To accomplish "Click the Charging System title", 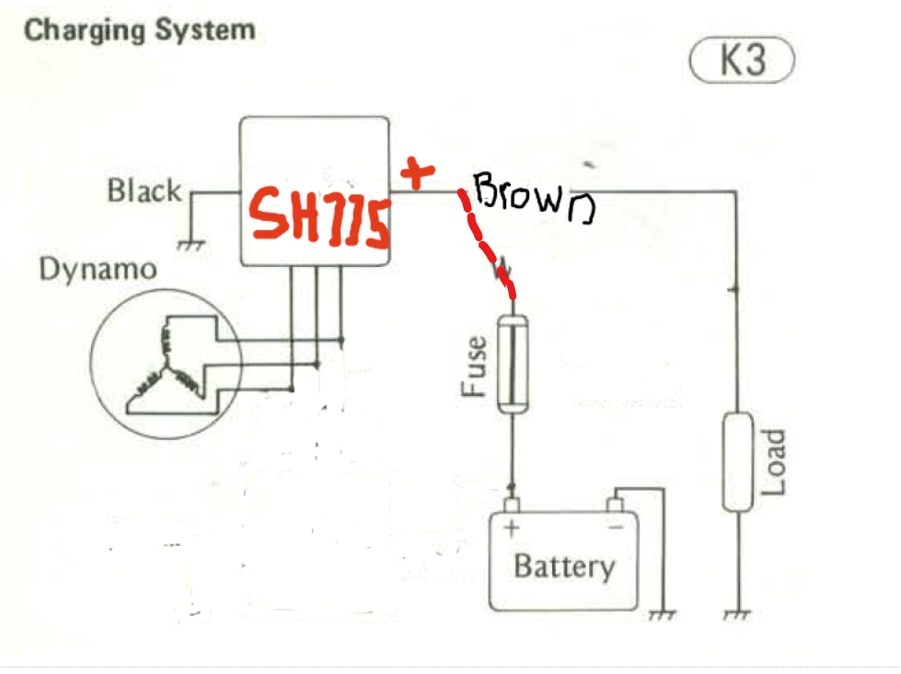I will point(139,29).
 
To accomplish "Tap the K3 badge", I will point(741,62).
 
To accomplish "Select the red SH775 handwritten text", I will point(320,218).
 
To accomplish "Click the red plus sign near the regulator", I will point(417,173).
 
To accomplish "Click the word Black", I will point(144,192).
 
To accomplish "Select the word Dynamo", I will point(98,270).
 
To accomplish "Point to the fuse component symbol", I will point(511,364).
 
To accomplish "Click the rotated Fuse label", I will point(473,366).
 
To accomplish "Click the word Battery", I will point(563,564).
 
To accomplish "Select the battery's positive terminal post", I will point(512,504).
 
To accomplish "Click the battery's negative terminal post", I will point(616,504).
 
